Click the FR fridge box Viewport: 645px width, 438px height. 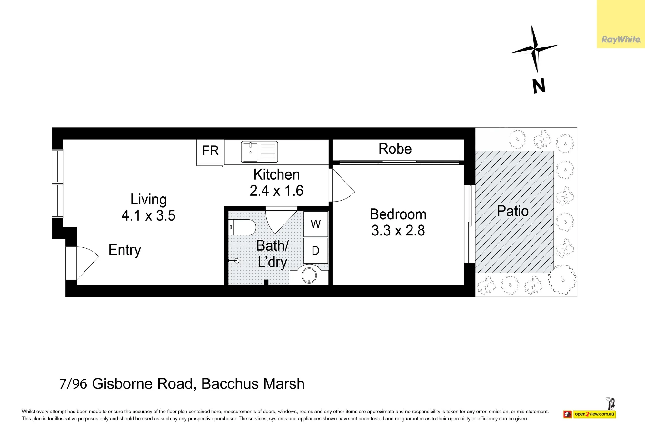[x=210, y=152]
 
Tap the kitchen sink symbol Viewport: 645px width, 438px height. [x=259, y=152]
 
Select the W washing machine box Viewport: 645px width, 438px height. [x=316, y=224]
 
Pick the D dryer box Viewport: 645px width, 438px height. [x=316, y=251]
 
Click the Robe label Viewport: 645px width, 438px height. [x=395, y=149]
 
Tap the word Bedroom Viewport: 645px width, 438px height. [x=398, y=214]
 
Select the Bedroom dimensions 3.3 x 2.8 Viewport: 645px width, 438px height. [x=398, y=230]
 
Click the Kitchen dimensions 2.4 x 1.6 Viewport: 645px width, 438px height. [x=276, y=191]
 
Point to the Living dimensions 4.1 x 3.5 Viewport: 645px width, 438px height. [x=148, y=215]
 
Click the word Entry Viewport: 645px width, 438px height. [x=125, y=250]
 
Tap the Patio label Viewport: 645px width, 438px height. [x=513, y=211]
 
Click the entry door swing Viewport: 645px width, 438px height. [x=88, y=263]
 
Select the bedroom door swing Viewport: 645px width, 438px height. [x=344, y=185]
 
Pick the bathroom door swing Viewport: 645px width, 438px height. [x=281, y=222]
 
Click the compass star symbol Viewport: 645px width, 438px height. [x=534, y=49]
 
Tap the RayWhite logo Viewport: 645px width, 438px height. [x=621, y=40]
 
